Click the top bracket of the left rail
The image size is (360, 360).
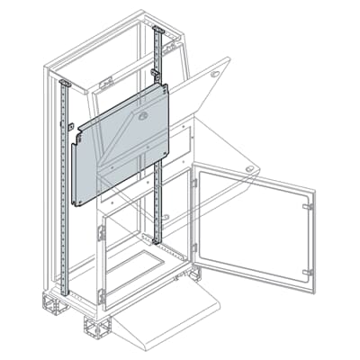coord(64,84)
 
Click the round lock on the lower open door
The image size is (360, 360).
coord(249,169)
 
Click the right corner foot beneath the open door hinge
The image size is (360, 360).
coord(193,274)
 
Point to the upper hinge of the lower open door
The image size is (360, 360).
coord(194,183)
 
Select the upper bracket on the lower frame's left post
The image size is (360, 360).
coord(102,233)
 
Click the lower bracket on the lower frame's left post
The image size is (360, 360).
coord(102,295)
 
